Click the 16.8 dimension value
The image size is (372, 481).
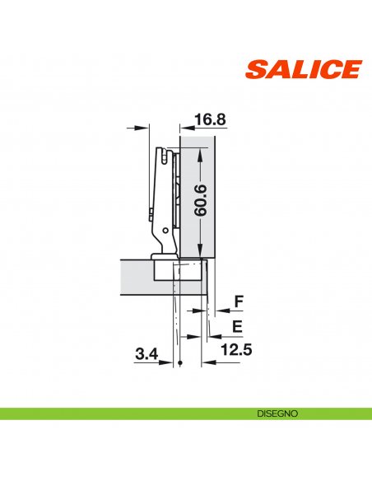(210, 119)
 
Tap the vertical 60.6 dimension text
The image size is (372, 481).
(200, 200)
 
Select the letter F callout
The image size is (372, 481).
(239, 302)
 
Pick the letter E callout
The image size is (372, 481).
(237, 326)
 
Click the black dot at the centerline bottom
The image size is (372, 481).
(179, 362)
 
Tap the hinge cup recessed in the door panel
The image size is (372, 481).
(178, 269)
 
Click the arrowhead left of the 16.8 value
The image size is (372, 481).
(186, 128)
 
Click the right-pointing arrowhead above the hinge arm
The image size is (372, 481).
(146, 128)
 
